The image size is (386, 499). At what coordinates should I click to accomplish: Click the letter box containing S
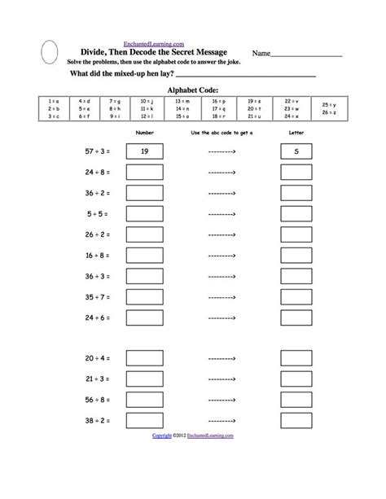click(297, 151)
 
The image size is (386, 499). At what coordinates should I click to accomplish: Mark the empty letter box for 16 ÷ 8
click(297, 255)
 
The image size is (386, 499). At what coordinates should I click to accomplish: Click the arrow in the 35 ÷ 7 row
click(222, 296)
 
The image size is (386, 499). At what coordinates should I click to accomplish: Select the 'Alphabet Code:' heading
click(192, 90)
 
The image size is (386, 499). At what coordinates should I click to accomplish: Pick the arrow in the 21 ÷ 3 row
click(222, 379)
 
